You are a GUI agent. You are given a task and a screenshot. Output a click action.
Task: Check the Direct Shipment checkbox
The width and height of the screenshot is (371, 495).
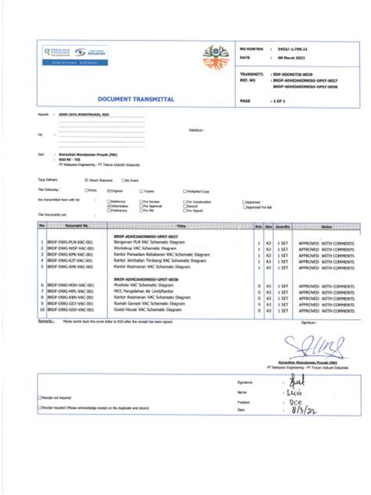coord(87,179)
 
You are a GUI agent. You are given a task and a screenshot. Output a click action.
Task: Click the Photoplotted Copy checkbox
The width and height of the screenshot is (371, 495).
coord(185,190)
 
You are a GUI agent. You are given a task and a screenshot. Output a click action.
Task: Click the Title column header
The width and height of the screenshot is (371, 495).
coord(180,226)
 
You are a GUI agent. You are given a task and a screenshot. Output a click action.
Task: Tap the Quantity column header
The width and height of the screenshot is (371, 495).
coord(282,226)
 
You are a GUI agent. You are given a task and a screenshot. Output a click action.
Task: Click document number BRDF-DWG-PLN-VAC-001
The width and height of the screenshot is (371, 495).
coord(70,244)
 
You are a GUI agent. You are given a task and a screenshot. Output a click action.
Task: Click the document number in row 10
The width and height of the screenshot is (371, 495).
coord(70,310)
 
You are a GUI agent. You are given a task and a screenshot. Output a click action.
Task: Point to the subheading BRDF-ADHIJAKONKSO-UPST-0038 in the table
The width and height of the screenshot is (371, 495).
coord(146,279)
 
